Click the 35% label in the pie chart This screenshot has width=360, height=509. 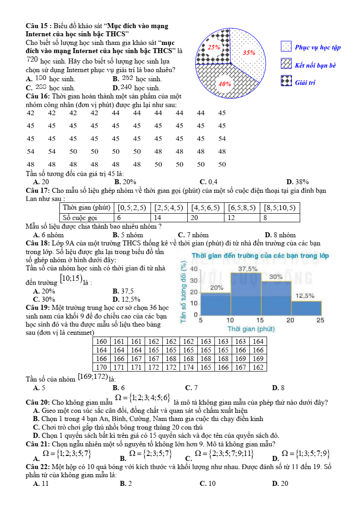click(x=249, y=53)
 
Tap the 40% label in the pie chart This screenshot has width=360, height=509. click(x=225, y=84)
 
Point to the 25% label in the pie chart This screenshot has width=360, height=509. click(x=214, y=47)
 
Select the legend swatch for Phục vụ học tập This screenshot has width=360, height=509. click(x=286, y=47)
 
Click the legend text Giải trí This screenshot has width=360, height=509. click(x=305, y=83)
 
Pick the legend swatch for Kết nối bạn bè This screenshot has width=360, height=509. click(x=286, y=65)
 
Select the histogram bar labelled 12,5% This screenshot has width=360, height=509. click(x=306, y=308)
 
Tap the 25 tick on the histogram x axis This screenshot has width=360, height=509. click(x=320, y=320)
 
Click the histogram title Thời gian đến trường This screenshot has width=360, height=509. click(x=260, y=256)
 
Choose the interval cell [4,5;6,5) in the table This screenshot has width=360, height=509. click(x=205, y=208)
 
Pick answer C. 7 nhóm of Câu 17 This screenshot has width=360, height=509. click(x=194, y=235)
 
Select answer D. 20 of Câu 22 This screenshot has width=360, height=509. click(x=280, y=484)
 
